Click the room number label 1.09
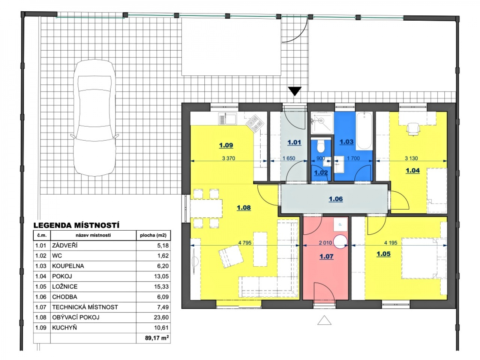coord(226,145)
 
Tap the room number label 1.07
coord(326,256)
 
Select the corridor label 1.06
coord(336,199)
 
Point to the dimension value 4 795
coord(245,243)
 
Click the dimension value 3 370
coord(228,158)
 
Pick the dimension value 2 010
coord(325,243)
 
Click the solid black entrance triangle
coord(295,91)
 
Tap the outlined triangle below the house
coord(324,320)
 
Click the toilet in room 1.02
coord(321,146)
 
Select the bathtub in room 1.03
coord(364,131)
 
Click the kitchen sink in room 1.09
coord(227,119)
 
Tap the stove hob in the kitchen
coord(255,123)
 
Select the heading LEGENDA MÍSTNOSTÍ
coord(76,225)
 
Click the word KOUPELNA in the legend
coord(68,266)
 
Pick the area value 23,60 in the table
coord(161,317)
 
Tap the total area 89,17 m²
coord(157,338)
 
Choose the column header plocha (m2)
coord(153,235)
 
